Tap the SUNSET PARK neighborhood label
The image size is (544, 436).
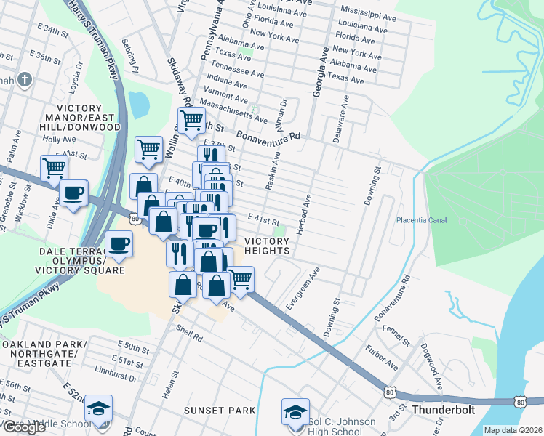click(x=219, y=411)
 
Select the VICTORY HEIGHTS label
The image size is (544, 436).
click(x=267, y=246)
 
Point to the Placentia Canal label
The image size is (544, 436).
click(x=421, y=220)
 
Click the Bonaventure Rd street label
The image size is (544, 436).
click(x=268, y=135)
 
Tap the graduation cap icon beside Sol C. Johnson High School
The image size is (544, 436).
click(x=295, y=411)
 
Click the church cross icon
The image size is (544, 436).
click(x=24, y=79)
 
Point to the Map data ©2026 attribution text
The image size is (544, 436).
click(x=513, y=430)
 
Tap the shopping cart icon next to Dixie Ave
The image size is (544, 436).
click(x=54, y=168)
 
